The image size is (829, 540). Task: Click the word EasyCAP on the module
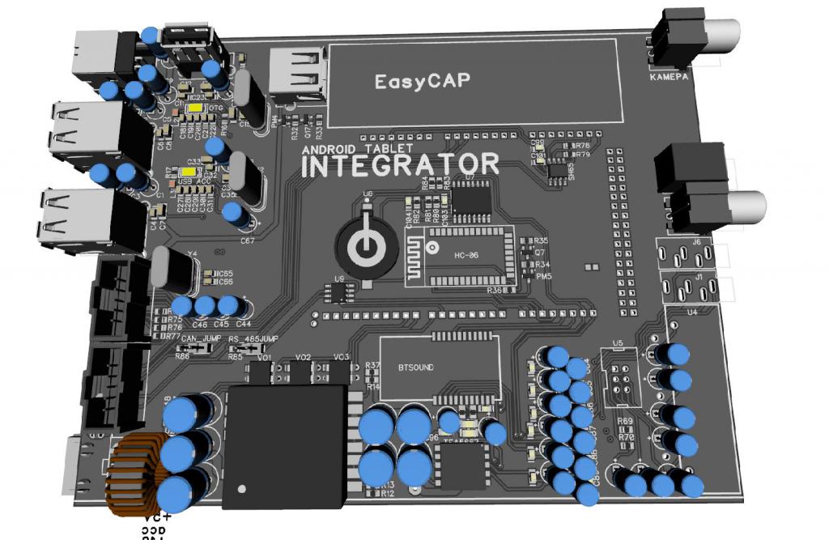click(423, 81)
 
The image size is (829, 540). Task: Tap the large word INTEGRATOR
click(400, 165)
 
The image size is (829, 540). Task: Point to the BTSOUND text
click(416, 367)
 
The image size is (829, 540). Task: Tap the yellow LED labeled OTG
click(195, 108)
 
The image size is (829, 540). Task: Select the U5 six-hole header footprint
click(621, 382)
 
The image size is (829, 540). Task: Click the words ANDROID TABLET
click(357, 149)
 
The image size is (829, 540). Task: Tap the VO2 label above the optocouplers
click(304, 357)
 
